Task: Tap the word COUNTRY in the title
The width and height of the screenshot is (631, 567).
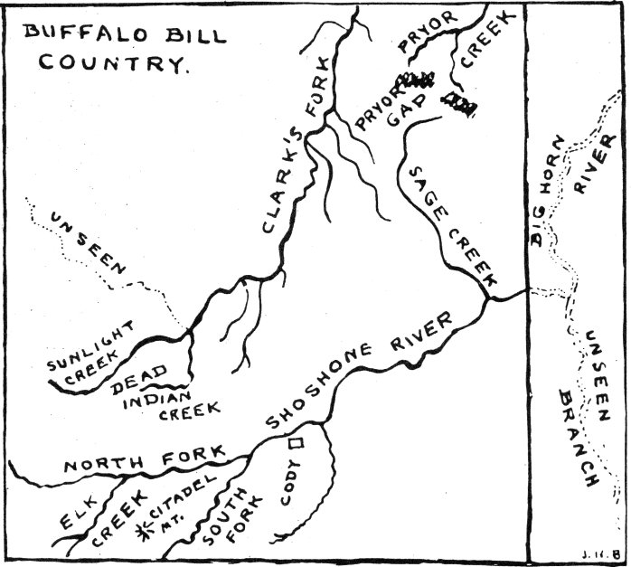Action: pyautogui.click(x=114, y=62)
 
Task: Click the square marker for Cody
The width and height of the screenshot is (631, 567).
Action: pyautogui.click(x=296, y=443)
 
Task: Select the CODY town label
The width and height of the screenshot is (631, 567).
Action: pyautogui.click(x=290, y=483)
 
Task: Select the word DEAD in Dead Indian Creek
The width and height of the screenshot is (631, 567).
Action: pyautogui.click(x=139, y=379)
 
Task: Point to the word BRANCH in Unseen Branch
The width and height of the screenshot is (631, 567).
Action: pyautogui.click(x=579, y=438)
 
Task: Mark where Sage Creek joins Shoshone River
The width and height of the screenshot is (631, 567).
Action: pyautogui.click(x=487, y=298)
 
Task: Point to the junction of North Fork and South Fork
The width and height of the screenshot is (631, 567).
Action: pyautogui.click(x=250, y=457)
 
